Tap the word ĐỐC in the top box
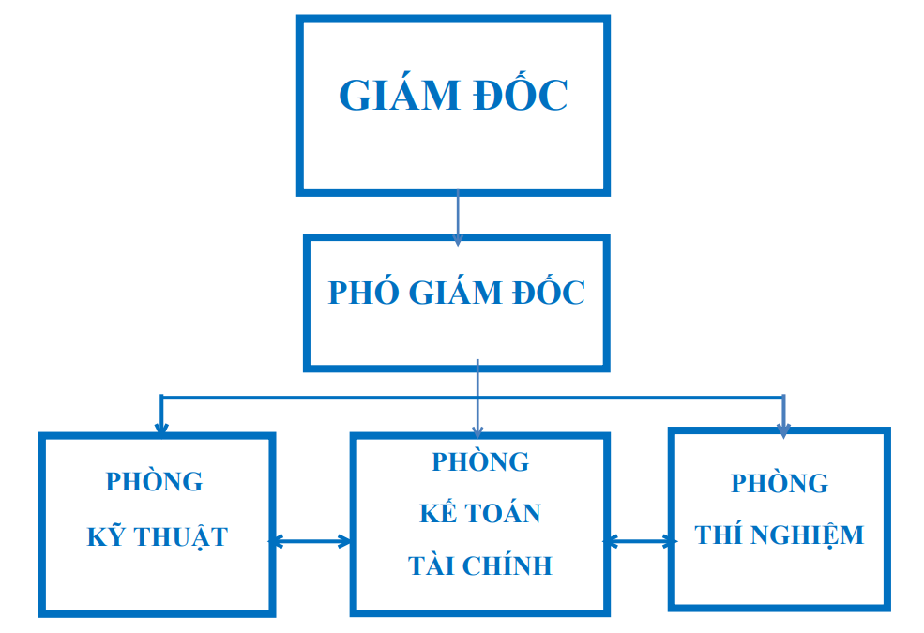[521, 96]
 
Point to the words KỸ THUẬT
[158, 537]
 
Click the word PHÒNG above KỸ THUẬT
[154, 482]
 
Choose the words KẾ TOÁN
[480, 514]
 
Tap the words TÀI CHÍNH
[480, 566]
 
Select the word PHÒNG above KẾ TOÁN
[480, 462]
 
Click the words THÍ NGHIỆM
[780, 535]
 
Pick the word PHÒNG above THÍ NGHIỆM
[780, 484]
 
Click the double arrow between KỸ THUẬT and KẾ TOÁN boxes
[311, 541]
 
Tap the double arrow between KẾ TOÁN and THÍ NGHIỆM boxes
[640, 541]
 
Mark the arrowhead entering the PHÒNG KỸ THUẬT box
[161, 428]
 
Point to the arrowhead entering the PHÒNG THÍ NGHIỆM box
[784, 429]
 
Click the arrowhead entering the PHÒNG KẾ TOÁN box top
[477, 431]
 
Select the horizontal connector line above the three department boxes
[319, 397]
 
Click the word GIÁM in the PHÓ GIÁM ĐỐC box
[455, 293]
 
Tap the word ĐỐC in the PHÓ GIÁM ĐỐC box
[548, 293]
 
